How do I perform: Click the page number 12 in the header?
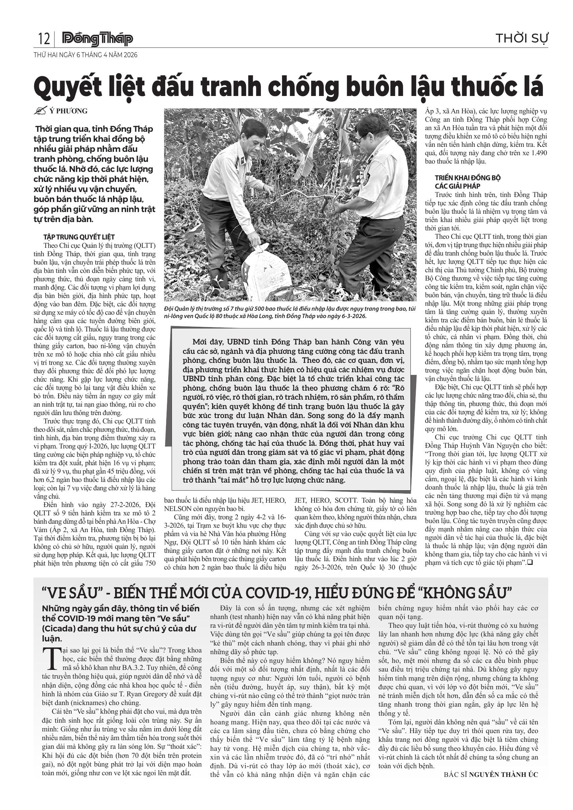click(x=44, y=38)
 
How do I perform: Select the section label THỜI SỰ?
click(x=522, y=38)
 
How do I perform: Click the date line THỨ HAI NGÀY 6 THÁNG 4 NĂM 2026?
click(x=85, y=55)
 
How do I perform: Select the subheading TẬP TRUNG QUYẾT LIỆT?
click(x=79, y=237)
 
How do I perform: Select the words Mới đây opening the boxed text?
click(x=204, y=342)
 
